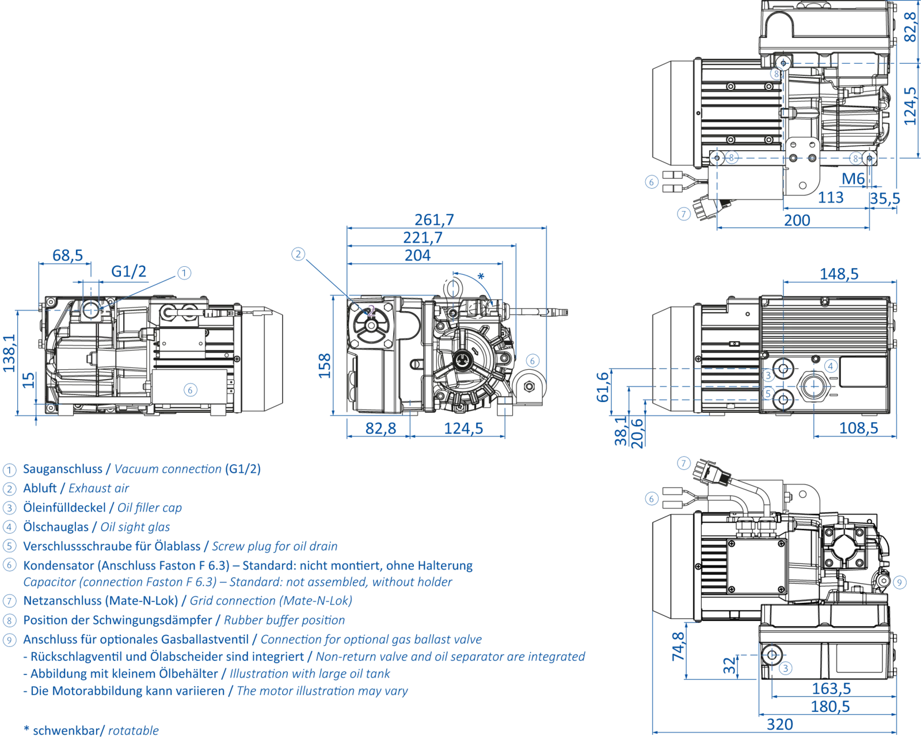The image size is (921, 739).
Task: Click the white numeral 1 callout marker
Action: [105, 310]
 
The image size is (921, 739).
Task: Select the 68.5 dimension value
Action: [67, 254]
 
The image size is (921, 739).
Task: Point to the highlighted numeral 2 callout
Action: [372, 311]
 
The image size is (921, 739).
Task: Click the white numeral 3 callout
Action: [768, 376]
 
